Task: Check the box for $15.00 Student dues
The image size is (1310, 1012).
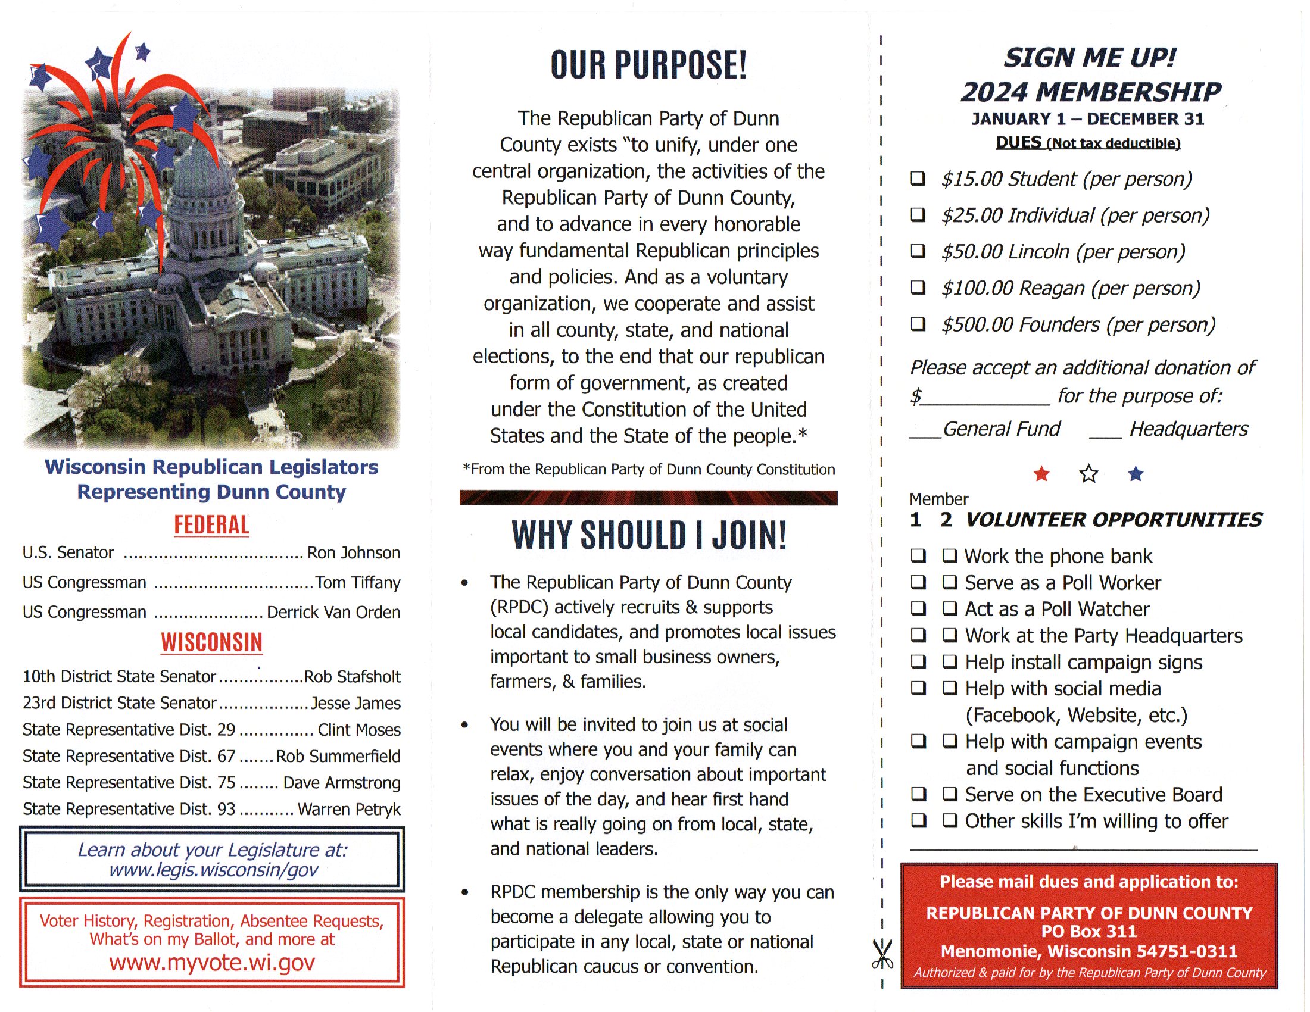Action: point(918,178)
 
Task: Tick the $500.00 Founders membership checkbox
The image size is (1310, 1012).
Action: point(918,324)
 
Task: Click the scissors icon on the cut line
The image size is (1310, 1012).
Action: point(882,953)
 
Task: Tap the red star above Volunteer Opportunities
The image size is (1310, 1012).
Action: point(1041,474)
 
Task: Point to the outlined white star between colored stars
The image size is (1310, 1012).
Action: point(1088,474)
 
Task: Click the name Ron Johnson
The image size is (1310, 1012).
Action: point(353,552)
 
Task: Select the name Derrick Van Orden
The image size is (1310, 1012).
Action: point(333,611)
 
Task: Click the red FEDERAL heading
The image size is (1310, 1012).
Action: point(211,524)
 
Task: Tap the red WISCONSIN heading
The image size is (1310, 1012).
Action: point(211,642)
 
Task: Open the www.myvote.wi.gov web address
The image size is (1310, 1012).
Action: point(212,962)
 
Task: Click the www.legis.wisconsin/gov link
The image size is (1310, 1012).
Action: point(213,870)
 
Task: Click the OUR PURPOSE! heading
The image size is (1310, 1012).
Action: point(649,65)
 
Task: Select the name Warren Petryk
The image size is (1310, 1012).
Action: point(348,809)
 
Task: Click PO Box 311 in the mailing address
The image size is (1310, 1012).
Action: point(1088,931)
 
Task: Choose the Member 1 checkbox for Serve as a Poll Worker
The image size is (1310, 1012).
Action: point(918,582)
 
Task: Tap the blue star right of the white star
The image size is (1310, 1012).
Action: point(1136,474)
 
